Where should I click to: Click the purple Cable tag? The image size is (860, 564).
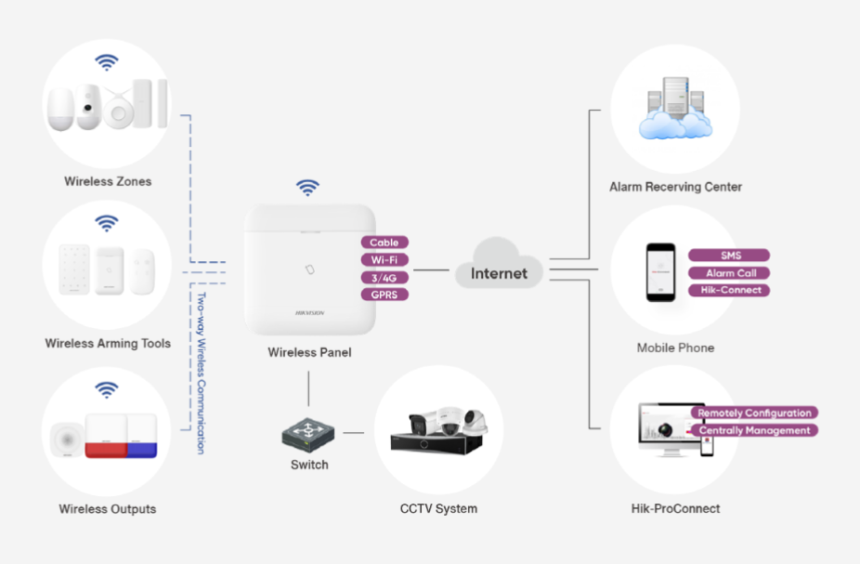pyautogui.click(x=384, y=243)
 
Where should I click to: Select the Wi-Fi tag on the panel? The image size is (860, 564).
pyautogui.click(x=384, y=260)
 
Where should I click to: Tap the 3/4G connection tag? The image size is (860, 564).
pyautogui.click(x=384, y=277)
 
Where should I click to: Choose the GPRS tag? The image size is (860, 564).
pyautogui.click(x=384, y=295)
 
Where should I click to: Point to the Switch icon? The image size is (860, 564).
pyautogui.click(x=308, y=433)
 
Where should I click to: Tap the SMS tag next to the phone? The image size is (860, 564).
pyautogui.click(x=729, y=256)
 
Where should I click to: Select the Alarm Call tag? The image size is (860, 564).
pyautogui.click(x=729, y=273)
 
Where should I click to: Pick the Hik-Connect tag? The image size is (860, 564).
pyautogui.click(x=729, y=290)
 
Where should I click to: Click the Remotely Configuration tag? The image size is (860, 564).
pyautogui.click(x=754, y=413)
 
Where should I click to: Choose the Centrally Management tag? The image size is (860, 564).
pyautogui.click(x=754, y=430)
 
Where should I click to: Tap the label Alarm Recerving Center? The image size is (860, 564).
pyautogui.click(x=675, y=187)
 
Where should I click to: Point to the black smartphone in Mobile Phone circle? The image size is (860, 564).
pyautogui.click(x=660, y=272)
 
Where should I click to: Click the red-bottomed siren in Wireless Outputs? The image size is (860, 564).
pyautogui.click(x=104, y=437)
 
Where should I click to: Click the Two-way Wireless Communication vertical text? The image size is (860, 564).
pyautogui.click(x=201, y=373)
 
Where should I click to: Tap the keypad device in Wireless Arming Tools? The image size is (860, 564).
pyautogui.click(x=74, y=270)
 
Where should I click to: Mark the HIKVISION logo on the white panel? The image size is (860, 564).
pyautogui.click(x=309, y=313)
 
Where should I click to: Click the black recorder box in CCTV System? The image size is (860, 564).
pyautogui.click(x=437, y=442)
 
